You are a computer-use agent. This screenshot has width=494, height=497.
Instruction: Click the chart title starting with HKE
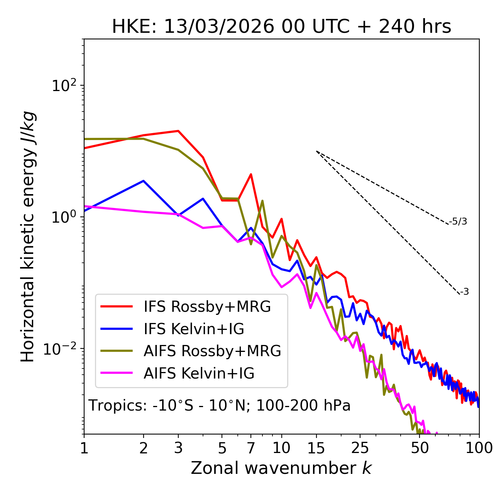(281, 27)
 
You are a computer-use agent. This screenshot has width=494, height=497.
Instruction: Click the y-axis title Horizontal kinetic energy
(28, 237)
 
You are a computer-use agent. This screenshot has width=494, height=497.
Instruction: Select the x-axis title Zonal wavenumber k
(281, 468)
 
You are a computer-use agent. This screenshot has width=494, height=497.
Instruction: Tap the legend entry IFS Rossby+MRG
(207, 307)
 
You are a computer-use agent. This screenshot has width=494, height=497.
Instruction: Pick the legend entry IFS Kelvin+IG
(194, 329)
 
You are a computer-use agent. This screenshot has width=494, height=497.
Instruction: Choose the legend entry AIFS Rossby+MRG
(212, 351)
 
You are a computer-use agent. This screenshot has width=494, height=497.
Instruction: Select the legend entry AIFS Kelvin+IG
(199, 374)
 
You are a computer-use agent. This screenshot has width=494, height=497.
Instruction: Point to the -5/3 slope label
(458, 221)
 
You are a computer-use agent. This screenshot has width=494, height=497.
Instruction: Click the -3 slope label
(464, 292)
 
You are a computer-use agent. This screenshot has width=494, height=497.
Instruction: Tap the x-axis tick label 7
(251, 448)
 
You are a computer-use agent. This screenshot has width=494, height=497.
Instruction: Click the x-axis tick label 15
(316, 448)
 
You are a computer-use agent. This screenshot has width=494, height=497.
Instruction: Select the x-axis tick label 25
(360, 448)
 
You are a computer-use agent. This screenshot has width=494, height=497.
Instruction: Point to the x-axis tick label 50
(420, 448)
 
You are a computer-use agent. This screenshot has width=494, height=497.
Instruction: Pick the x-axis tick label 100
(479, 448)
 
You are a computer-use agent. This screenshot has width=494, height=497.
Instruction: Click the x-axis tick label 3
(178, 448)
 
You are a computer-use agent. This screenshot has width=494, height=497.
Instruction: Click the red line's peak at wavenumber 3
(178, 131)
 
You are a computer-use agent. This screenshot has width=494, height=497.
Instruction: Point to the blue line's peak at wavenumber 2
(144, 181)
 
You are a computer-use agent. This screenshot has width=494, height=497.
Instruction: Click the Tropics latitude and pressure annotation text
(220, 406)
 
